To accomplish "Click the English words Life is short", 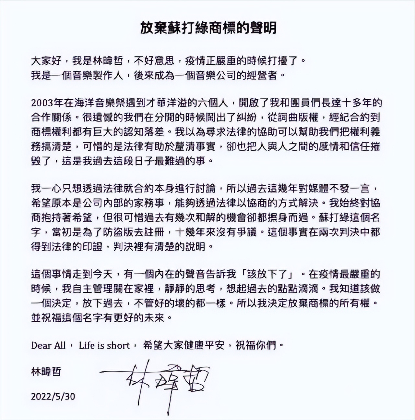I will (x=104, y=345).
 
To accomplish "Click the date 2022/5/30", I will (x=53, y=396).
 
